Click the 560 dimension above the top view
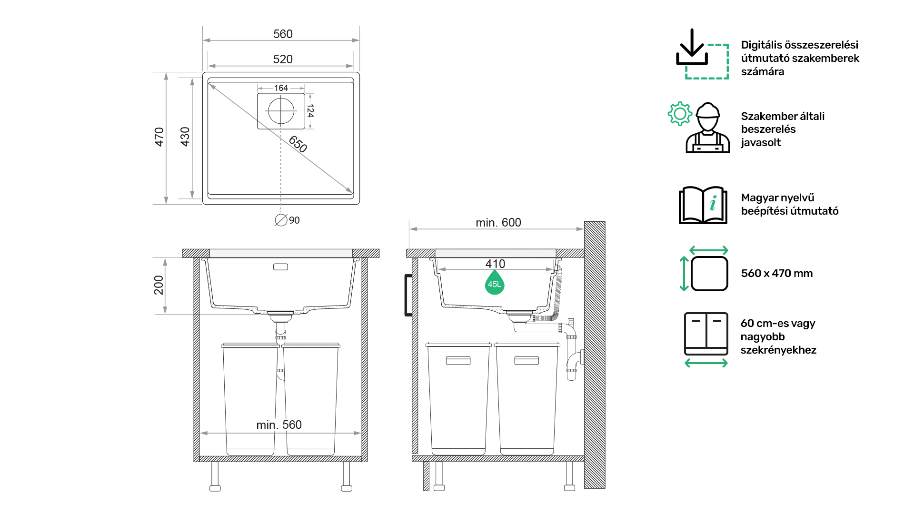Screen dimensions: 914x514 point(283,34)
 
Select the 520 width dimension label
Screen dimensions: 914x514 point(283,59)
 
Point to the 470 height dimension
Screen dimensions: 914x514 point(159,137)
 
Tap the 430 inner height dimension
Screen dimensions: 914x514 point(185,137)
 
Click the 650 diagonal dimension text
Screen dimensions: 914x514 point(298,144)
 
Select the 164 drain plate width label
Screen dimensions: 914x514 point(281,88)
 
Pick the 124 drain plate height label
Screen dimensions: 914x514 point(310,111)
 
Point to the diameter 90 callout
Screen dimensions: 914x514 point(288,220)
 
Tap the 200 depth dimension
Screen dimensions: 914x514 point(159,285)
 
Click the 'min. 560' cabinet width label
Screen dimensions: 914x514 point(279,425)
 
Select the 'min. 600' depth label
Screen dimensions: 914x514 point(498,222)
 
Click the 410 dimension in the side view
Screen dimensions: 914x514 point(495,264)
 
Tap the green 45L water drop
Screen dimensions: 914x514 point(495,283)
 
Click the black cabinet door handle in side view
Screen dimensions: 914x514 point(407,295)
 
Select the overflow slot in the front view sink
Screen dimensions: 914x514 point(280,267)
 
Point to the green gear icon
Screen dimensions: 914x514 point(680,114)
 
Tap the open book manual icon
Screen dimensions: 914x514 point(703,205)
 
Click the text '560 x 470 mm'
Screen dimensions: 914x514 point(777,273)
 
